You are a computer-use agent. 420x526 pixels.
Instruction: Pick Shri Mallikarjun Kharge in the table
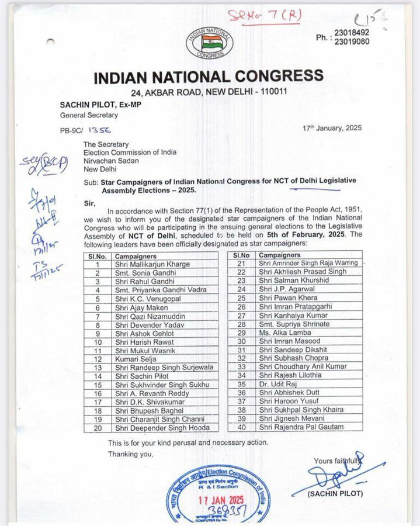[x=152, y=264]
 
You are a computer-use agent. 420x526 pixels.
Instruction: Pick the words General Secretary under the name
[x=89, y=115]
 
